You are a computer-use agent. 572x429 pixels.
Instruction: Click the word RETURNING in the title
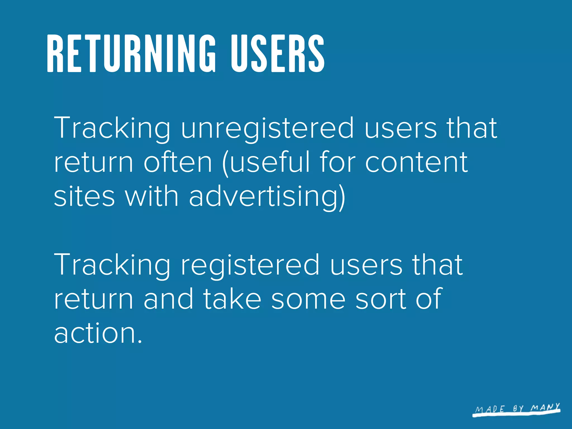tap(131, 54)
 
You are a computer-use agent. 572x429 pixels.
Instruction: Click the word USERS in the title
tap(277, 54)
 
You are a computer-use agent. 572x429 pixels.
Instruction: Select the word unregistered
tap(268, 128)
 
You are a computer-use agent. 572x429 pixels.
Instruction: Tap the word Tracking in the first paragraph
tap(112, 128)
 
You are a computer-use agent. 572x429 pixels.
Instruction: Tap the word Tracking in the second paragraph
tap(112, 265)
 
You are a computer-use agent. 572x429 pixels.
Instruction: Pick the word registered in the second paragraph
tap(250, 265)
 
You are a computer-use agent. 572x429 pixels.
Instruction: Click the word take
tap(232, 299)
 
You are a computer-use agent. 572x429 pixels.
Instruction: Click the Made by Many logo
tap(517, 410)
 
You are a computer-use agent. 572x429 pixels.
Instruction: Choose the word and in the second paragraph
tap(168, 299)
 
